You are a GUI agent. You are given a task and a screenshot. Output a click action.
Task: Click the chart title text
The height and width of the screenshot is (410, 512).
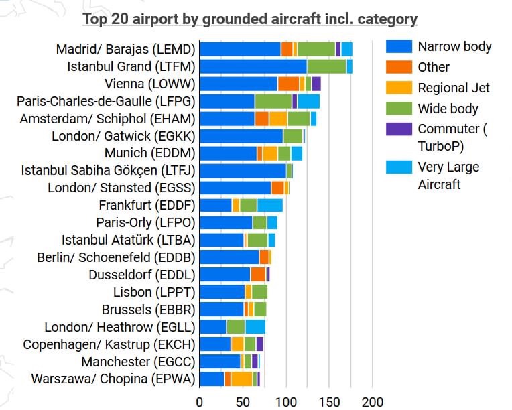[249, 19]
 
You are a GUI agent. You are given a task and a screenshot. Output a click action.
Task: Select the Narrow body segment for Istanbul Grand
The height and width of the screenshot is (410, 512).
[253, 66]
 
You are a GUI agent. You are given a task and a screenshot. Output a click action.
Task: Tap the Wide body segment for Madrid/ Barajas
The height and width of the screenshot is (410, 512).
[316, 49]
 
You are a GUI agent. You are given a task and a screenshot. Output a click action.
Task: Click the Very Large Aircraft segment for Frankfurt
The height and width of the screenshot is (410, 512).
[270, 205]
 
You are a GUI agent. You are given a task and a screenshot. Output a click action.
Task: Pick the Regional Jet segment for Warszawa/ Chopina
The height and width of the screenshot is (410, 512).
[241, 379]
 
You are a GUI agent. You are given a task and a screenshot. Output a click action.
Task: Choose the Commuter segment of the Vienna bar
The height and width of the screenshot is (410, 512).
[316, 84]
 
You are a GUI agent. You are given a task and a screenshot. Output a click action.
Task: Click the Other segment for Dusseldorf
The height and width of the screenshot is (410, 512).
[258, 275]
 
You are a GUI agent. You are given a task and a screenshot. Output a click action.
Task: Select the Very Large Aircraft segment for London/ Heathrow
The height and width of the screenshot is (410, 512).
[255, 327]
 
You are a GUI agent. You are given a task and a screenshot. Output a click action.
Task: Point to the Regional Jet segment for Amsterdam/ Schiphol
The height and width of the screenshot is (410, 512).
[278, 119]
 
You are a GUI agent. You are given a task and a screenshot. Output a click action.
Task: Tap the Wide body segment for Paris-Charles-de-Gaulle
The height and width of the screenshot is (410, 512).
[273, 101]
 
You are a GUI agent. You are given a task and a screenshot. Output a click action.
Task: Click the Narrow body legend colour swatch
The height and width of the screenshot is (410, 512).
[399, 46]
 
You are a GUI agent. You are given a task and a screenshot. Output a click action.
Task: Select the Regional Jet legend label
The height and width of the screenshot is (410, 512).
[454, 88]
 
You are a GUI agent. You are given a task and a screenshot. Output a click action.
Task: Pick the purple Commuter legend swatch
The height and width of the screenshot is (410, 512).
[399, 129]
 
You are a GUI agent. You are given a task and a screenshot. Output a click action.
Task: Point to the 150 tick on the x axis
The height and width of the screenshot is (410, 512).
[328, 402]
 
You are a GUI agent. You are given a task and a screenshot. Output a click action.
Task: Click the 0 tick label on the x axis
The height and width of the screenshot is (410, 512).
[200, 402]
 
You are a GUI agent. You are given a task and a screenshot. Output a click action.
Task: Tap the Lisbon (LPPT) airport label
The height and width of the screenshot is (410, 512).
[154, 292]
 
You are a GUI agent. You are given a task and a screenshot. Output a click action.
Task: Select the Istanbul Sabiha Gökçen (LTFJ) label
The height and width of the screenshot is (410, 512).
[108, 171]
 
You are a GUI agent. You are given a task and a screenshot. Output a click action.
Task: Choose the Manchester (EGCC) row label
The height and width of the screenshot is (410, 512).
[138, 362]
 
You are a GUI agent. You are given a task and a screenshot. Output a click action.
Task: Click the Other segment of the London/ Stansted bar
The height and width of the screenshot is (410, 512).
[277, 188]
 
